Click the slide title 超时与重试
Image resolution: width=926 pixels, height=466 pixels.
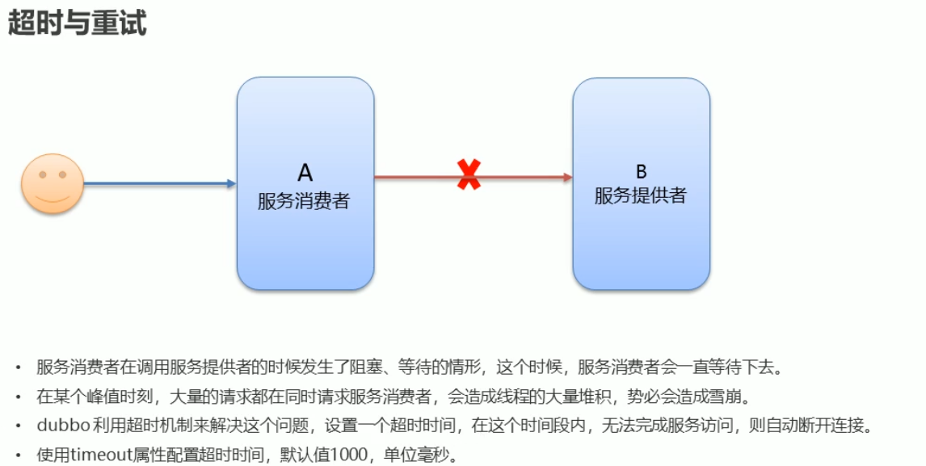pyautogui.click(x=77, y=23)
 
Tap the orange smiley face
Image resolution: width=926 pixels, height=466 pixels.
pyautogui.click(x=53, y=183)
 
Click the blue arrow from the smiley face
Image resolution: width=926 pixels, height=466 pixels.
pyautogui.click(x=158, y=183)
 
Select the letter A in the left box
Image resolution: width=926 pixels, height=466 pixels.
pyautogui.click(x=305, y=172)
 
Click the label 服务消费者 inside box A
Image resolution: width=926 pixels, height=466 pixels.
pyautogui.click(x=304, y=200)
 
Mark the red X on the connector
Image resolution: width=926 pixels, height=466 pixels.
pyautogui.click(x=469, y=174)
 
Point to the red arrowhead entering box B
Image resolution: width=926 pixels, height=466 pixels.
pyautogui.click(x=567, y=177)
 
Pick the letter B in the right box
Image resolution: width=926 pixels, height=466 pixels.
pyautogui.click(x=641, y=171)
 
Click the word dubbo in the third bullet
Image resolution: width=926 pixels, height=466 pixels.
pyautogui.click(x=61, y=426)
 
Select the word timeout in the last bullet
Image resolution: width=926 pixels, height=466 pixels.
pyautogui.click(x=95, y=455)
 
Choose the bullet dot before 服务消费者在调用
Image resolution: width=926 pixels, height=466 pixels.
pyautogui.click(x=18, y=368)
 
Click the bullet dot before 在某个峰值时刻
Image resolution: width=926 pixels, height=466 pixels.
pyautogui.click(x=18, y=397)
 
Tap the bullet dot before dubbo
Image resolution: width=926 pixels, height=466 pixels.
pyautogui.click(x=18, y=426)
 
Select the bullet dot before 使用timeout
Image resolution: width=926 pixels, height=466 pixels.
pyautogui.click(x=18, y=456)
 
